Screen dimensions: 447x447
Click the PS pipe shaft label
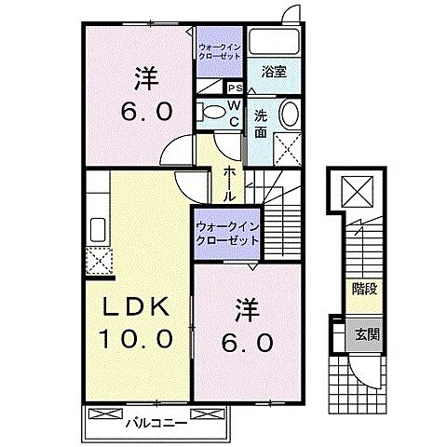pos(234,88)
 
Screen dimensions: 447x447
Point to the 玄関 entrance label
pos(364,334)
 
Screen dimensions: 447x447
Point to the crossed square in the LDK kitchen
pos(97,259)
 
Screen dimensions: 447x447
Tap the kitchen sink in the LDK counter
pos(97,227)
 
